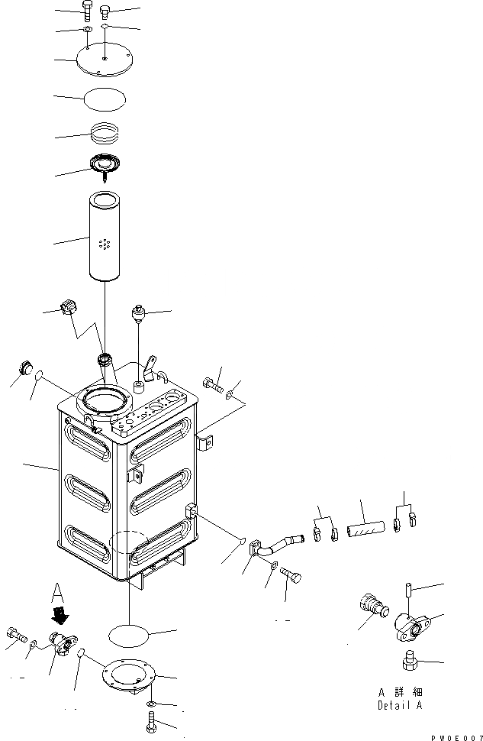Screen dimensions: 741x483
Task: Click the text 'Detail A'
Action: point(399,706)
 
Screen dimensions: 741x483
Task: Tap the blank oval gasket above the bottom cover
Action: point(129,633)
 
